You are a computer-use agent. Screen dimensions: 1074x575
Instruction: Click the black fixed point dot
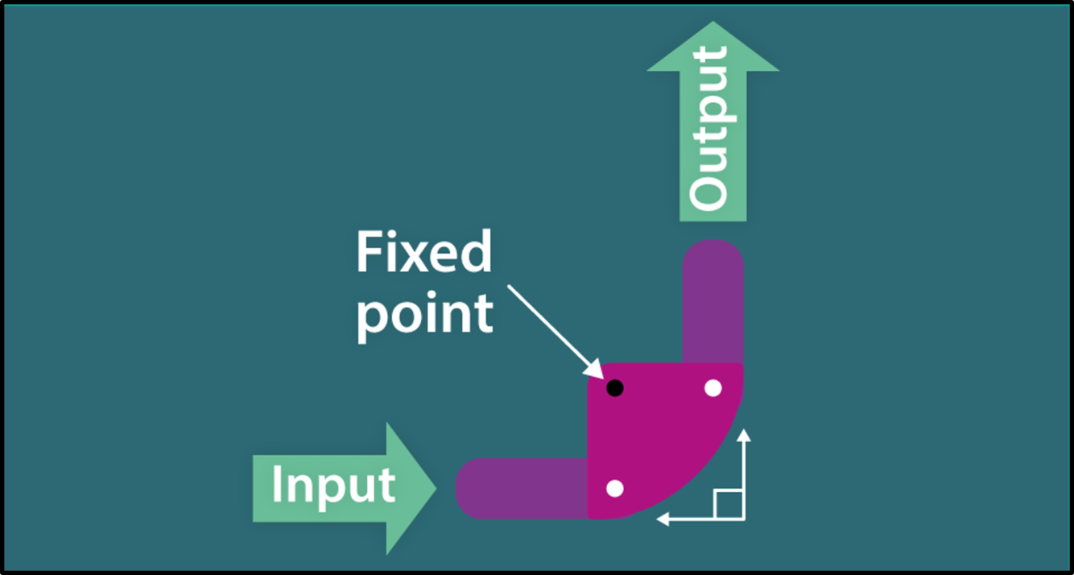tap(614, 388)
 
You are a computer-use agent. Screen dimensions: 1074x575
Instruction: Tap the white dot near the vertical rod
tap(713, 388)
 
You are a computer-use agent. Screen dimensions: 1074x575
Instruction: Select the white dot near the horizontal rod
tap(614, 488)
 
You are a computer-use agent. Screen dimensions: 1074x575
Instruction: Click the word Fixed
tap(423, 253)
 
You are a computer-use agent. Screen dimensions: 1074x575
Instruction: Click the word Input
tap(333, 486)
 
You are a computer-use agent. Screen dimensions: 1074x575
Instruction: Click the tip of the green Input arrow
tap(434, 487)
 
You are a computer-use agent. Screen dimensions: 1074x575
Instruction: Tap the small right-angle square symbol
tap(728, 503)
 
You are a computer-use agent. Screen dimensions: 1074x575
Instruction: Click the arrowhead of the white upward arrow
tap(744, 436)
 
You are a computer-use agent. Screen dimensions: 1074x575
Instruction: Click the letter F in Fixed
tap(368, 253)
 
